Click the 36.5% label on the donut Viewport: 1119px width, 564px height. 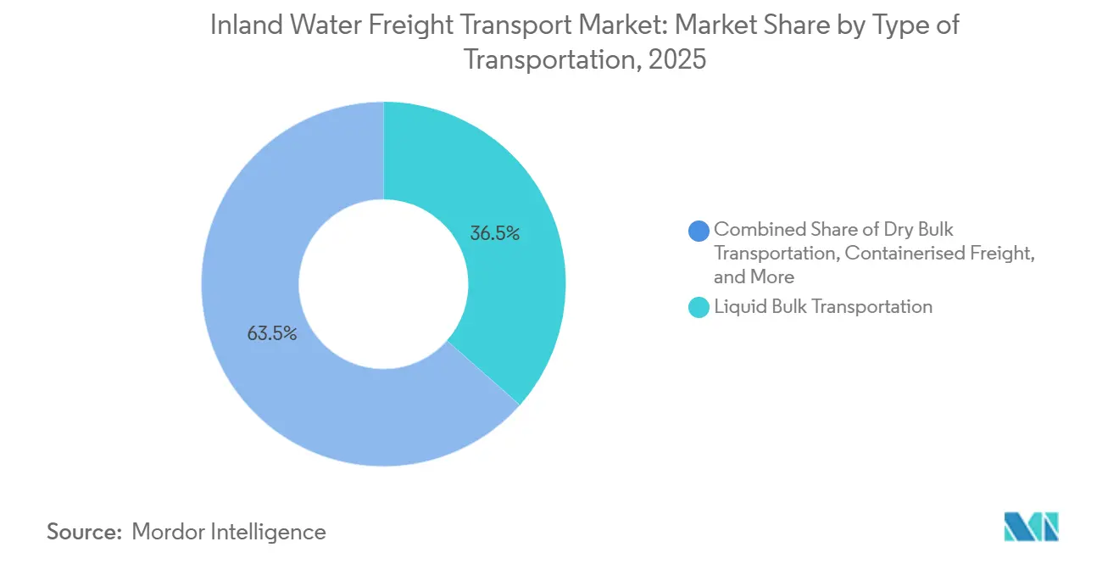495,233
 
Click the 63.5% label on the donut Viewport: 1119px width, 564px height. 271,334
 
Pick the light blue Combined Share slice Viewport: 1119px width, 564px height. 254,254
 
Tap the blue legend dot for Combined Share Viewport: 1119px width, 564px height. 699,230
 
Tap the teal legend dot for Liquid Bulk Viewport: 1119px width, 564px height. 699,307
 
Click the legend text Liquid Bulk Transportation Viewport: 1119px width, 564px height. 823,307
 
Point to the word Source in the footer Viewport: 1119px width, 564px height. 84,532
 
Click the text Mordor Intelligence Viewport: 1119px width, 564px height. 229,532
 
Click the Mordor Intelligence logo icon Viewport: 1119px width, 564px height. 1031,527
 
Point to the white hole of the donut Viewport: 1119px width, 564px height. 383,284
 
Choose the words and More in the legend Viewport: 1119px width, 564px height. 754,276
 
